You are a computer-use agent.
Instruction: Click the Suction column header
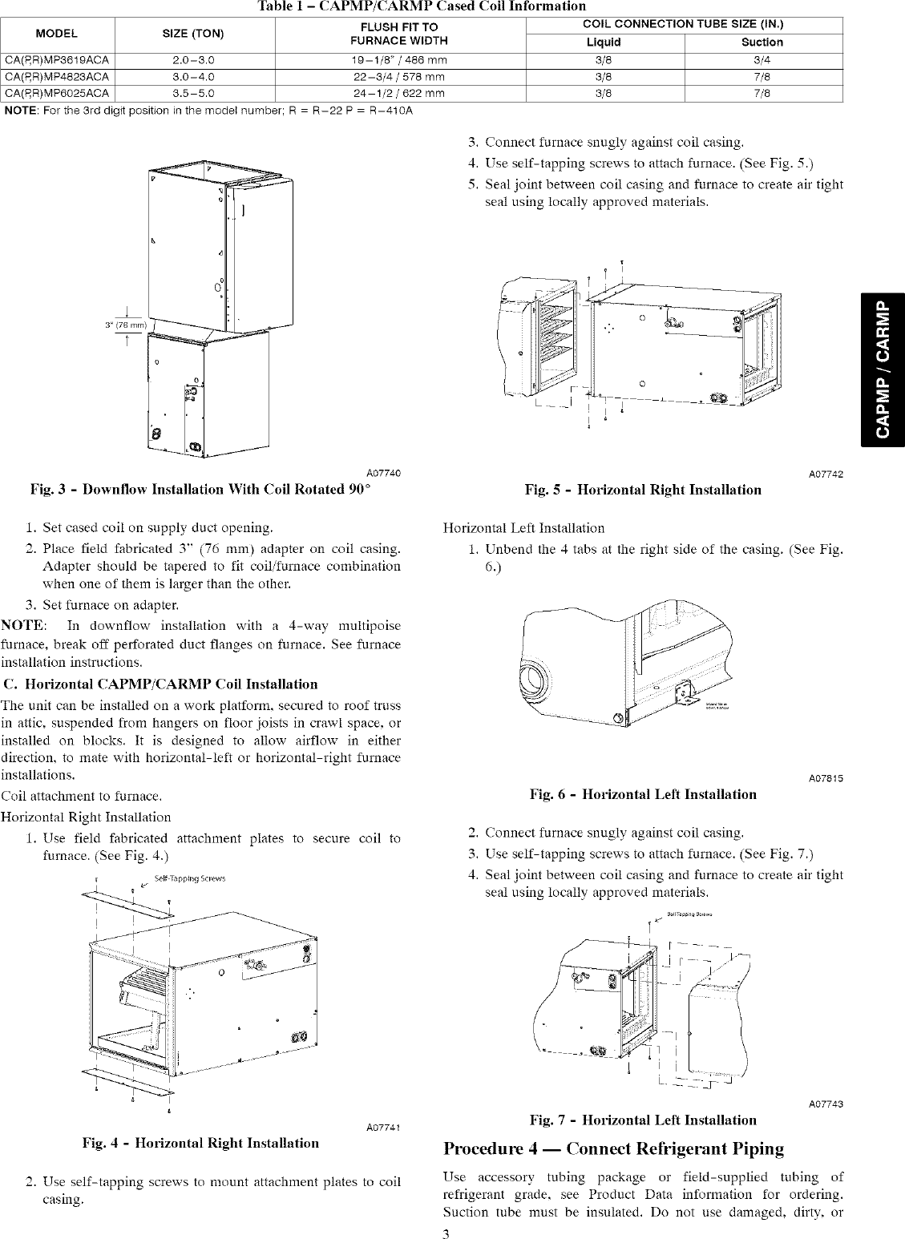click(x=762, y=42)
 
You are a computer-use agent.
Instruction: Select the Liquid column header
click(x=605, y=42)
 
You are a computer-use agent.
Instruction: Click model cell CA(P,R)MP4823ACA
click(x=57, y=77)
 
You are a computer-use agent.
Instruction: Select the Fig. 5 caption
click(x=643, y=490)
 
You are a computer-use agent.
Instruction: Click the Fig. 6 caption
click(x=643, y=794)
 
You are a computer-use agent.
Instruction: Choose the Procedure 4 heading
click(x=613, y=1148)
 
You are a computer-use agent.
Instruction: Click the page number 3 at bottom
click(x=446, y=1232)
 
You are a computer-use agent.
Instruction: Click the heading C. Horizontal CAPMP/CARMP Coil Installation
click(x=160, y=684)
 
